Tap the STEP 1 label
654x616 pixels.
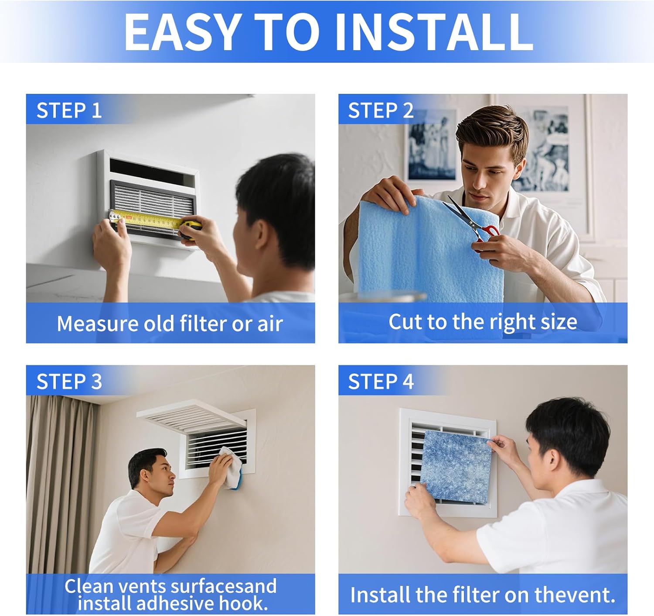pyautogui.click(x=69, y=110)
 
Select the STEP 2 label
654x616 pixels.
pyautogui.click(x=381, y=110)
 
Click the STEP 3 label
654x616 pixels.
pyautogui.click(x=69, y=382)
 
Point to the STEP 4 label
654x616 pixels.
pyautogui.click(x=381, y=382)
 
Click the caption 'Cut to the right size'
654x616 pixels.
pyautogui.click(x=483, y=322)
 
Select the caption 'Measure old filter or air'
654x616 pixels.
pyautogui.click(x=170, y=323)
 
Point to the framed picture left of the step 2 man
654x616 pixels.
pyautogui.click(x=432, y=144)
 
